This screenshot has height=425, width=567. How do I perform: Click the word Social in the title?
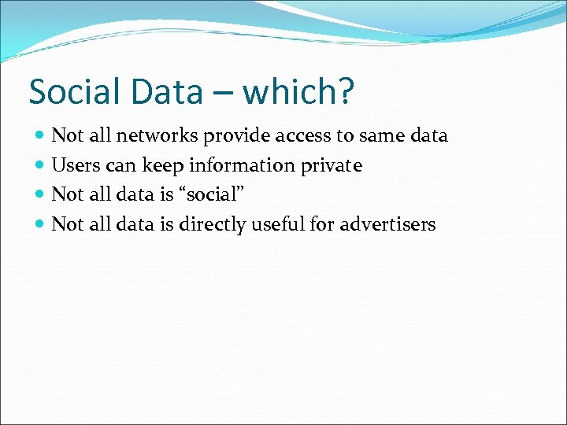(73, 92)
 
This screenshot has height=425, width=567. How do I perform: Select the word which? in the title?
(299, 92)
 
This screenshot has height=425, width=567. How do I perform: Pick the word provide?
(235, 136)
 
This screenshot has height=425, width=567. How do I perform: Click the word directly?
(212, 225)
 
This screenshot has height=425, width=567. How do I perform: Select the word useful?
(276, 224)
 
